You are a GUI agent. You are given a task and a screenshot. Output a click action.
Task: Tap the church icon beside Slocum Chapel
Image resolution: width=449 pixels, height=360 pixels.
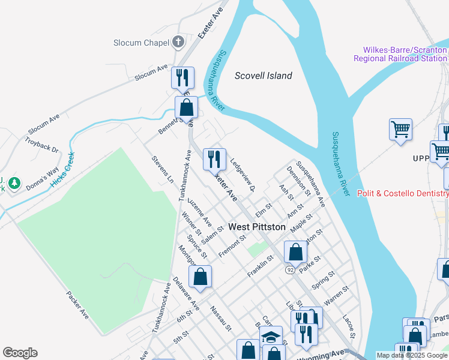tap(178, 42)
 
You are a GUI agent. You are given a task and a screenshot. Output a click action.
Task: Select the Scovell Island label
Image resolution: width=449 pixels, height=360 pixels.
tap(263, 76)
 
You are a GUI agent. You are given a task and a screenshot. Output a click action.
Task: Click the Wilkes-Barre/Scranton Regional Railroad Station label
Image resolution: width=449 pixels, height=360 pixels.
tap(400, 55)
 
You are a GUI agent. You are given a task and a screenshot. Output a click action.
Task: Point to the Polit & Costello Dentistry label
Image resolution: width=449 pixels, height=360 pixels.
tap(402, 193)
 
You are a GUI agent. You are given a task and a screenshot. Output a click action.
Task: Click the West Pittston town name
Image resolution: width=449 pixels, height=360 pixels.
tap(256, 227)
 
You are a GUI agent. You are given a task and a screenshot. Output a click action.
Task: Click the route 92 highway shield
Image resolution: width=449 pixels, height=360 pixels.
tap(290, 271)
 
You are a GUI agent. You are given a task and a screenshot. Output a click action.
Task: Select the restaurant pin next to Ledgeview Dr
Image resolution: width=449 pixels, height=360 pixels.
tap(214, 160)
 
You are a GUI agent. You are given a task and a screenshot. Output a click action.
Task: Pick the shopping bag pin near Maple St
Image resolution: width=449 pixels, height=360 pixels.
tap(295, 252)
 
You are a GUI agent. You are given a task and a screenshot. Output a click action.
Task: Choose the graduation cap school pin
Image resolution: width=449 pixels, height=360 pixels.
tap(271, 337)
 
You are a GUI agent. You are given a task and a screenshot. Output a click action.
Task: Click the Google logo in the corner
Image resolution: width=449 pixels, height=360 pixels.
tap(20, 353)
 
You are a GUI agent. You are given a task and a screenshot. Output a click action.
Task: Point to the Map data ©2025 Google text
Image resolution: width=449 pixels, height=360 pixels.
tap(412, 355)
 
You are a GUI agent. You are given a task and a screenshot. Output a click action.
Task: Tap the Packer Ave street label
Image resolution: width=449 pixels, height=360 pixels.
tap(78, 305)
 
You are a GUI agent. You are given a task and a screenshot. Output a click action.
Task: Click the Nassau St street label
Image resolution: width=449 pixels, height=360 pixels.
tap(220, 318)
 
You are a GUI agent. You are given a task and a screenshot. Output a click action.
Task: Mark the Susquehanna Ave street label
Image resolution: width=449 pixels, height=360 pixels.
tap(310, 184)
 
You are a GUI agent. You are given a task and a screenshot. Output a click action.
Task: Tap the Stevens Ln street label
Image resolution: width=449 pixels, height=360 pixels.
tap(162, 170)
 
